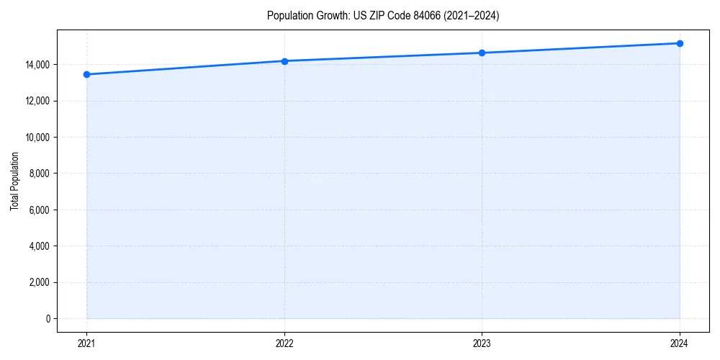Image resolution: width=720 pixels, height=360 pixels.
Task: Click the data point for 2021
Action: (86, 74)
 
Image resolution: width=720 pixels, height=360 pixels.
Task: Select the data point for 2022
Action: (284, 61)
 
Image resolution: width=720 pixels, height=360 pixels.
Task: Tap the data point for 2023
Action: (482, 53)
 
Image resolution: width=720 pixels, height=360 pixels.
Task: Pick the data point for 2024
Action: (680, 43)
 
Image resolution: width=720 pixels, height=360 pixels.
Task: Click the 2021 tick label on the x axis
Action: (86, 343)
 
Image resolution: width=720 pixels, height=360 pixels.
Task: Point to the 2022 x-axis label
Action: (284, 343)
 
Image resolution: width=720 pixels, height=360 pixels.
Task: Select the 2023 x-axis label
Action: (482, 343)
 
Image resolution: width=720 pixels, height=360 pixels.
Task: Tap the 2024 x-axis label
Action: (680, 343)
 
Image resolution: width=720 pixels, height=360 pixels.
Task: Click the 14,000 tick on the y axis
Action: (36, 65)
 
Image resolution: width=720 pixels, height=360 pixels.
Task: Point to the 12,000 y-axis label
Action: (36, 101)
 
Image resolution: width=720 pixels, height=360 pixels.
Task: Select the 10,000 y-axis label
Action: (36, 138)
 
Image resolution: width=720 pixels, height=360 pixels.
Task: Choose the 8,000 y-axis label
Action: (38, 174)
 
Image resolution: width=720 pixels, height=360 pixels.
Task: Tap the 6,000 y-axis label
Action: (38, 210)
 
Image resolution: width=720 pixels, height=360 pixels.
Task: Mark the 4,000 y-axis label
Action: (38, 246)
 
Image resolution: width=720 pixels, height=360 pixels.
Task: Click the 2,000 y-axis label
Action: (38, 282)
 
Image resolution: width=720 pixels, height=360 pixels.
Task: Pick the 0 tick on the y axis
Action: (48, 319)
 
